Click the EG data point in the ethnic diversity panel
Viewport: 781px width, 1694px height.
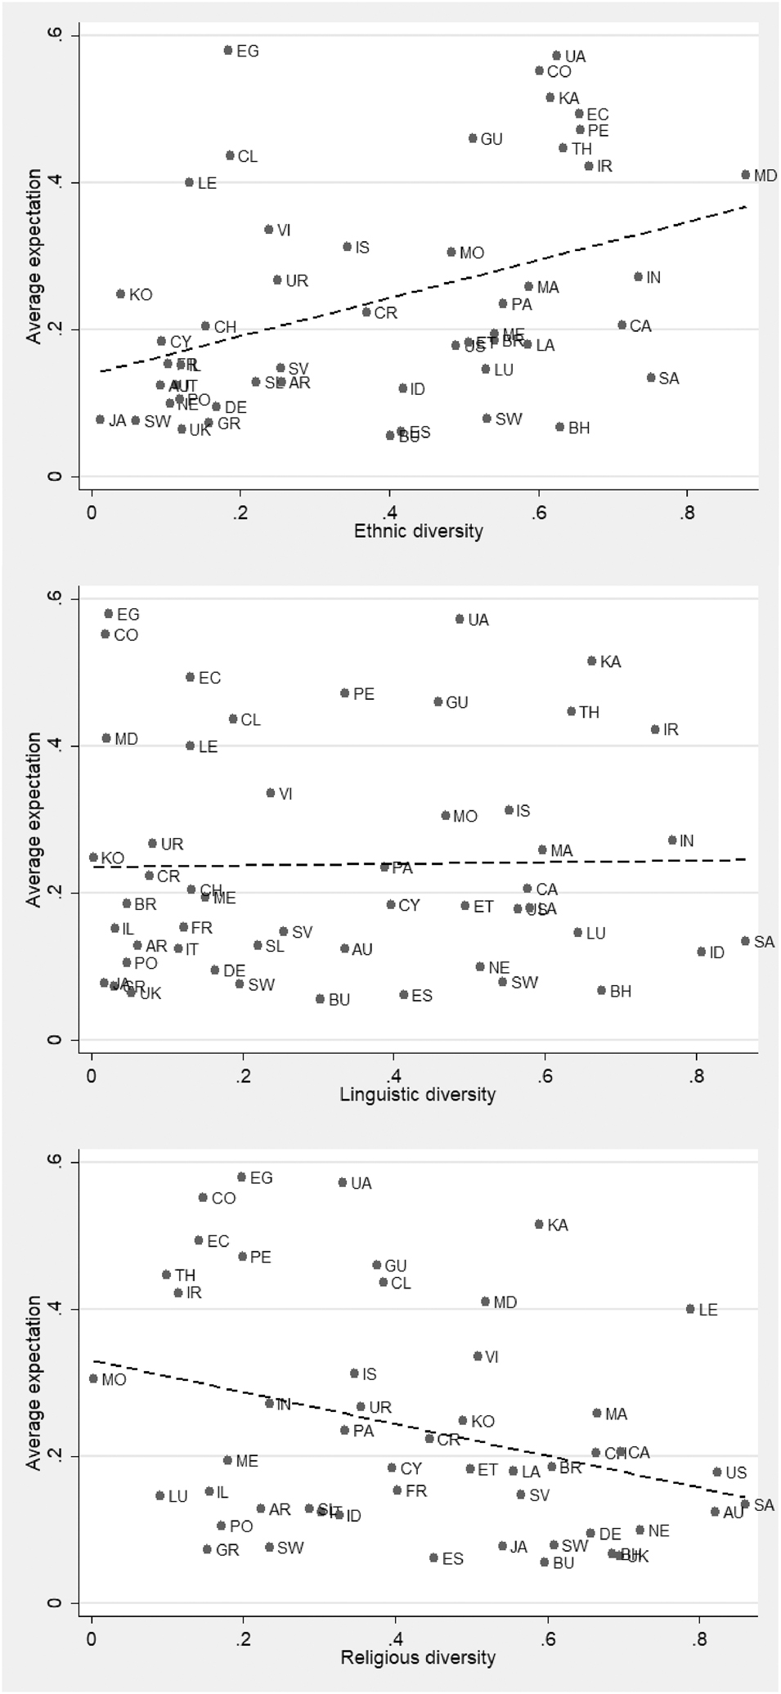tap(228, 50)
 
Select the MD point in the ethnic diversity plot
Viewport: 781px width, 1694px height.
tap(746, 174)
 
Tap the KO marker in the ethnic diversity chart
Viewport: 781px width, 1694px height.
tap(120, 294)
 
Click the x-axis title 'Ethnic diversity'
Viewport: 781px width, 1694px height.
tap(418, 531)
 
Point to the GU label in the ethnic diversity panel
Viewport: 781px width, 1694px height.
tap(491, 139)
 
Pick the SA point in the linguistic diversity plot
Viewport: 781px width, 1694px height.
tap(745, 941)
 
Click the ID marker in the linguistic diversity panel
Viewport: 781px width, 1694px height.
tap(701, 952)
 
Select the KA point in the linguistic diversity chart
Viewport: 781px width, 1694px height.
tap(592, 661)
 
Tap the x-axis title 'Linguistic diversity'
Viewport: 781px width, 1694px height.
tap(418, 1094)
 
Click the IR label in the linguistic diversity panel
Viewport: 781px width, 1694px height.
tap(671, 729)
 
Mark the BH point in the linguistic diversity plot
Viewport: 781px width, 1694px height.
tap(601, 990)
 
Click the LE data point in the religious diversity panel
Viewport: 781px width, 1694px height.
tap(690, 1309)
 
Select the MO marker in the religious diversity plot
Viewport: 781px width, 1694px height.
tap(93, 1378)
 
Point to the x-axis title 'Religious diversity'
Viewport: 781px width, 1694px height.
tap(418, 1657)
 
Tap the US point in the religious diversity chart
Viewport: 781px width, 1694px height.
tap(717, 1472)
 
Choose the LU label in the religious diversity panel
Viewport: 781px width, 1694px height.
tap(177, 1496)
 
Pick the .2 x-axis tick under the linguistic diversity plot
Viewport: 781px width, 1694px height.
tap(243, 1077)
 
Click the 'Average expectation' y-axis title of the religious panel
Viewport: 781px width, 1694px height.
tap(34, 1382)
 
